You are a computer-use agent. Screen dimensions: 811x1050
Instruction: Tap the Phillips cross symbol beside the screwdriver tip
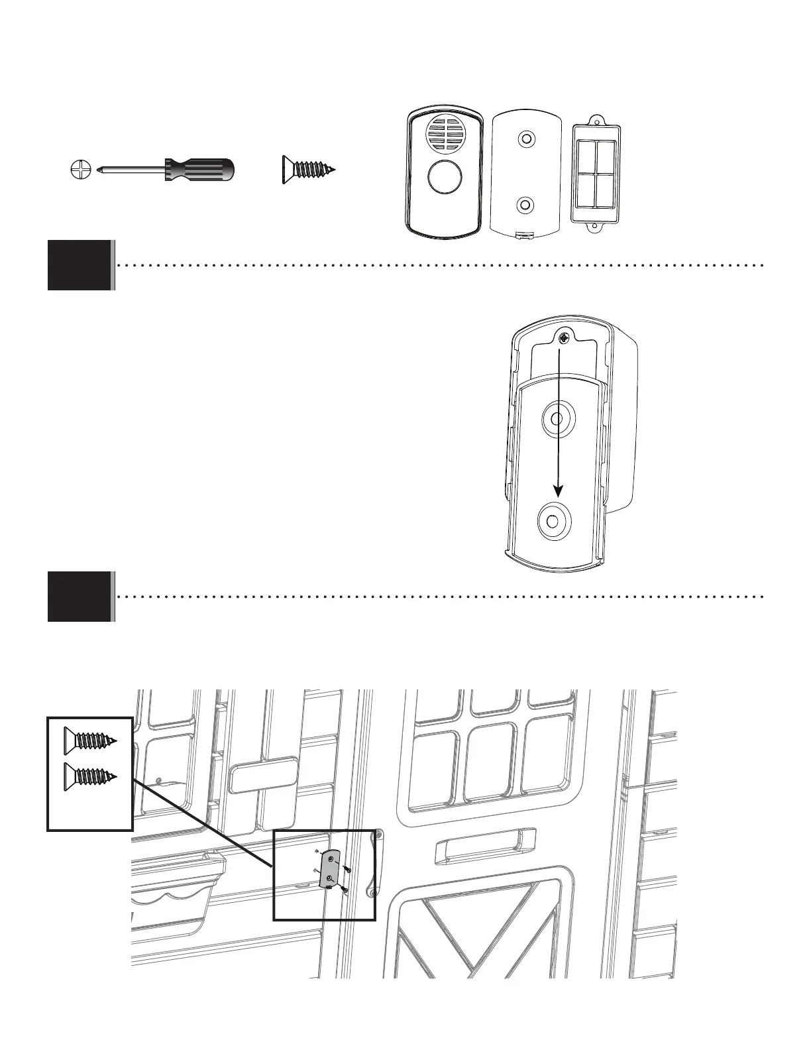pos(78,170)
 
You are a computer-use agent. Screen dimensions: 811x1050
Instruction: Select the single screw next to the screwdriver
pos(309,169)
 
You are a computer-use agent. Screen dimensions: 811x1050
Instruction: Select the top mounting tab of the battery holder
pos(598,119)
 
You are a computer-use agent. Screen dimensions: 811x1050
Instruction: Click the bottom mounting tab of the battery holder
pos(598,230)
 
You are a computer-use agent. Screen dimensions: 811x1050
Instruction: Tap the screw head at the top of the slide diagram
pos(562,339)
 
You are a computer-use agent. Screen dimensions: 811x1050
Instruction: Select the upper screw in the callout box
pos(90,740)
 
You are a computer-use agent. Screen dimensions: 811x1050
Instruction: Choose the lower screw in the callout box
pos(90,776)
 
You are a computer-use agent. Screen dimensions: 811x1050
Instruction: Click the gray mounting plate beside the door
pos(329,869)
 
